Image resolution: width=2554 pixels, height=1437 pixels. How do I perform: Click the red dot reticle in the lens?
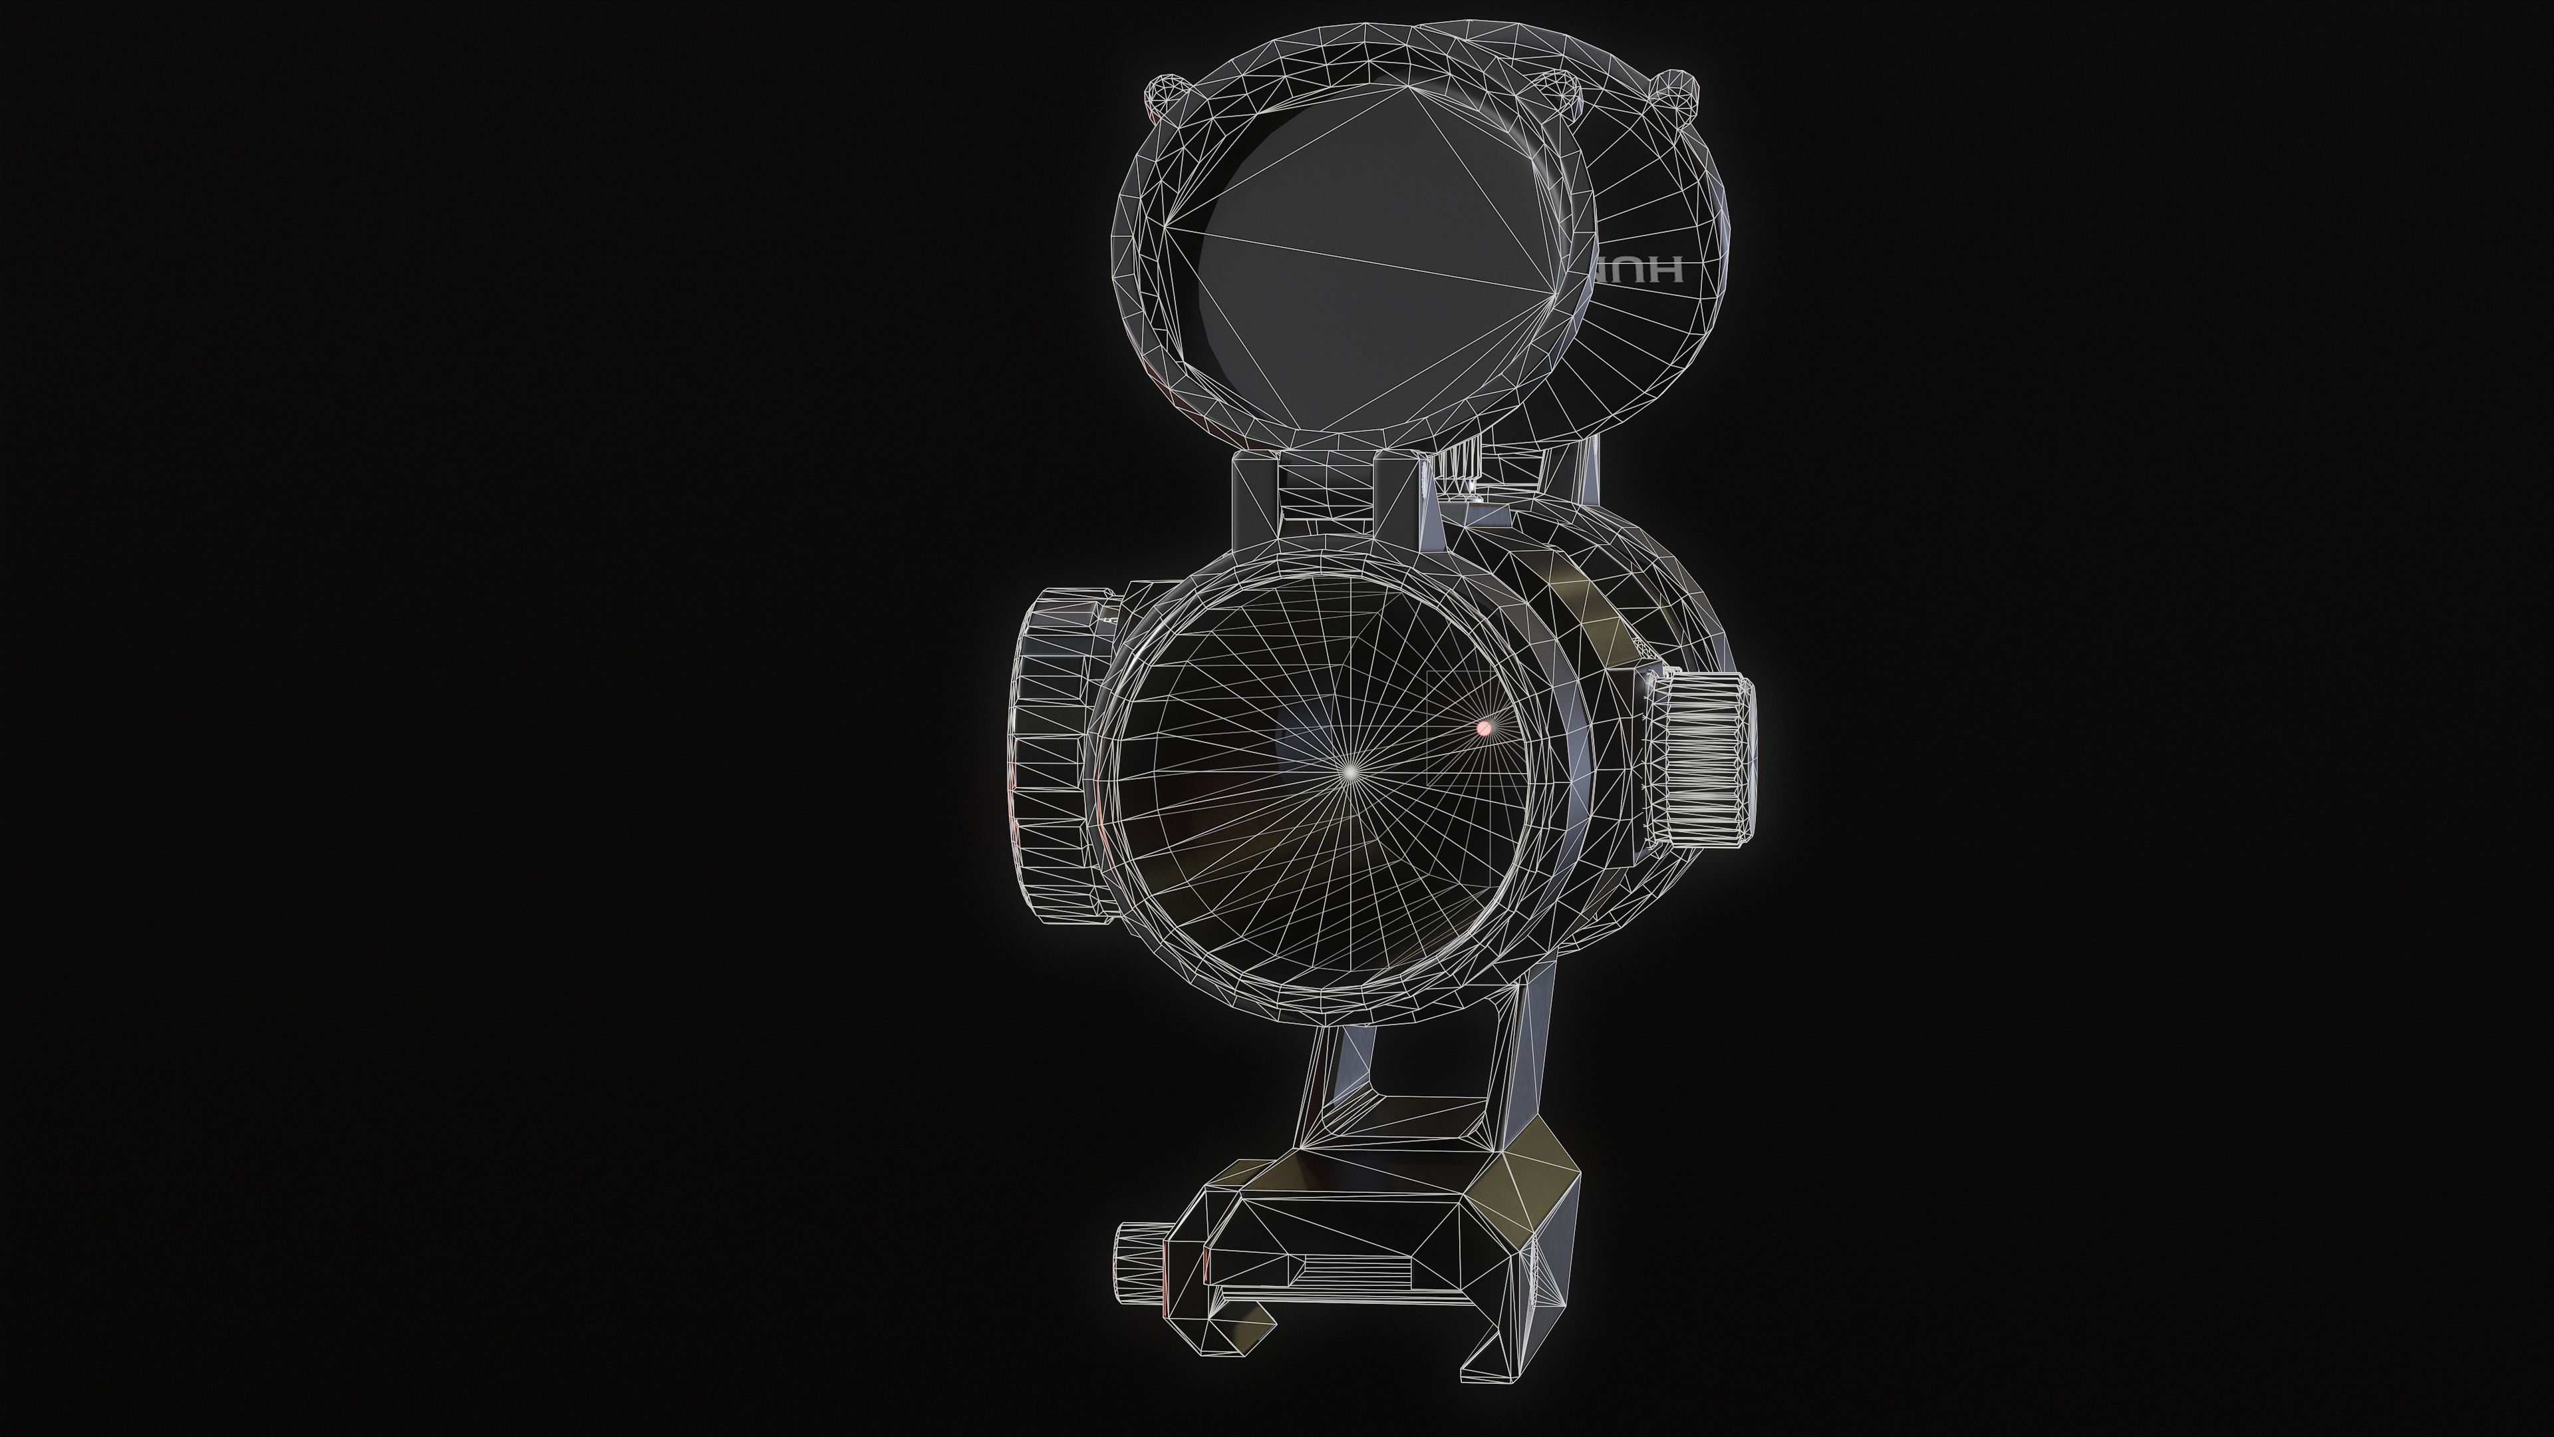pyautogui.click(x=1483, y=728)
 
